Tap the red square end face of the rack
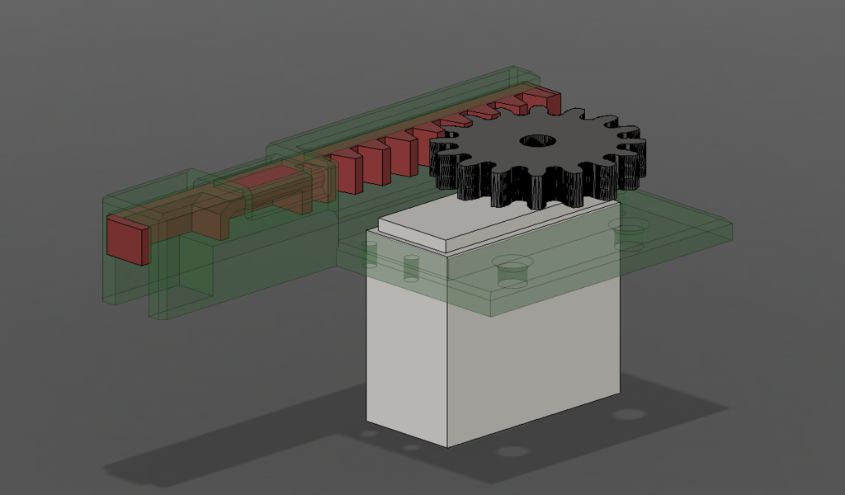tap(127, 240)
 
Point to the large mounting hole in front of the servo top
tap(512, 270)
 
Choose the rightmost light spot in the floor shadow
tap(629, 413)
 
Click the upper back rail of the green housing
tap(396, 107)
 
